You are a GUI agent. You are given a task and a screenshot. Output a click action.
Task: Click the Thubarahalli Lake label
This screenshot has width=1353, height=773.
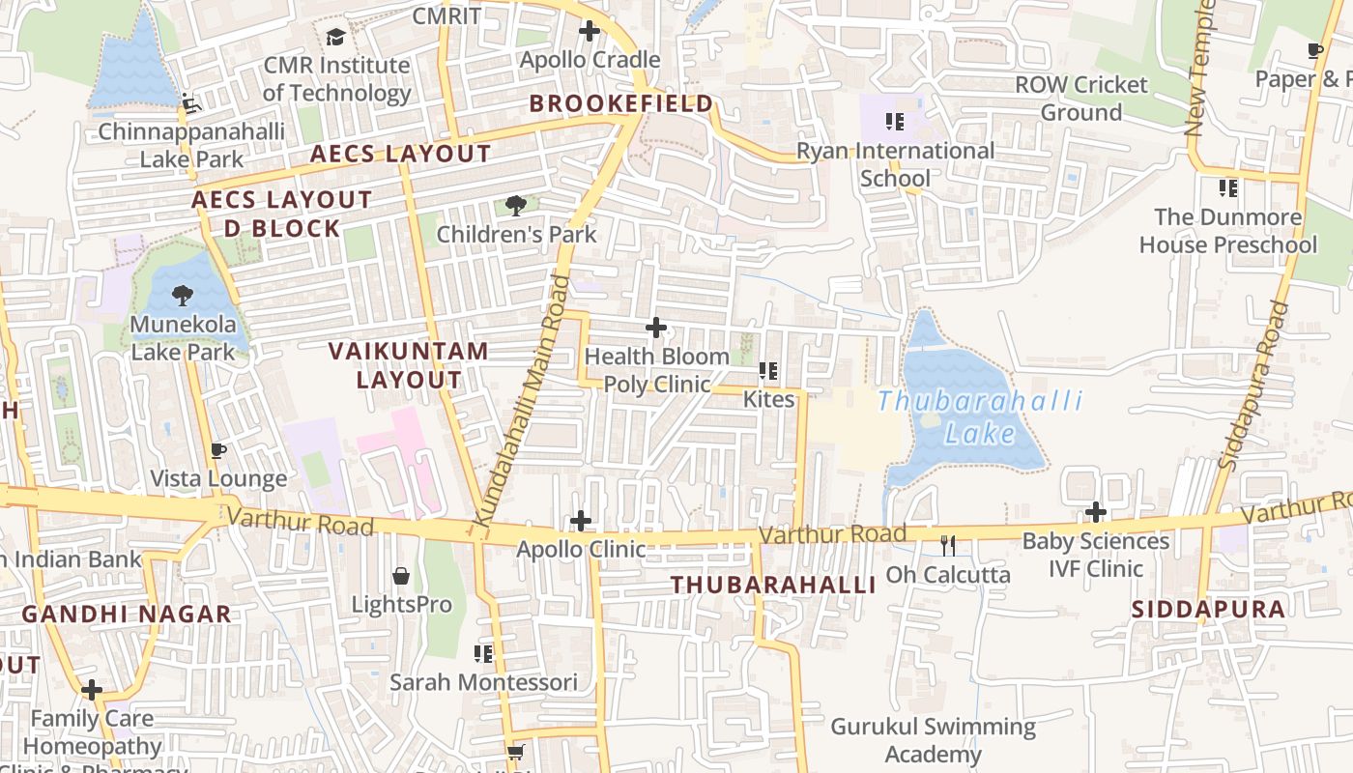click(x=980, y=416)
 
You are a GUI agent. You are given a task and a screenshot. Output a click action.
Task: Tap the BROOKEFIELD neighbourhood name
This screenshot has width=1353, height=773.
click(x=621, y=103)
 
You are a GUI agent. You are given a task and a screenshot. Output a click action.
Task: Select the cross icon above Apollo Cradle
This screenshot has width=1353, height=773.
click(x=590, y=31)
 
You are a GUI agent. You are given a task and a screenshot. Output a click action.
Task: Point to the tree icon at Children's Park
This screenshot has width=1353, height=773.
click(x=516, y=205)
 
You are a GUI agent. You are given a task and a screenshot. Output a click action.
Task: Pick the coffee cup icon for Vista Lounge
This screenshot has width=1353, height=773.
click(x=218, y=450)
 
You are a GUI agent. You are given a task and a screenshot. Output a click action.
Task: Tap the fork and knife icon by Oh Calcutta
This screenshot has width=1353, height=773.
click(x=948, y=546)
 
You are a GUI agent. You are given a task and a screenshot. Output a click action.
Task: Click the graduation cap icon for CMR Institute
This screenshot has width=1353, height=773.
click(x=335, y=37)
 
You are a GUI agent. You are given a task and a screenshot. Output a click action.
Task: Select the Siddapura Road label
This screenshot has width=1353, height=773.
click(x=1253, y=386)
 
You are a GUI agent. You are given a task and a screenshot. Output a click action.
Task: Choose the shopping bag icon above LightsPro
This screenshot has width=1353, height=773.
click(x=401, y=577)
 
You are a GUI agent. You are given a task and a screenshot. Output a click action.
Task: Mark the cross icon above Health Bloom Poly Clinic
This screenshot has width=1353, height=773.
click(x=656, y=328)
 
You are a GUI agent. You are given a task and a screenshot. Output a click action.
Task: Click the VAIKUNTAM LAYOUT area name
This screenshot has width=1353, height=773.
click(x=409, y=365)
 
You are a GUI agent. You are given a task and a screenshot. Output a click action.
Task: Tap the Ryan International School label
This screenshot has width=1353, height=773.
click(x=895, y=164)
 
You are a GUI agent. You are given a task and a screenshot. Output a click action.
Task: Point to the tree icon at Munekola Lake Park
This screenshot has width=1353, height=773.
click(x=182, y=296)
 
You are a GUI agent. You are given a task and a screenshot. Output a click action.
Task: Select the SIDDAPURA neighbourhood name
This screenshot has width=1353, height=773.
click(x=1208, y=610)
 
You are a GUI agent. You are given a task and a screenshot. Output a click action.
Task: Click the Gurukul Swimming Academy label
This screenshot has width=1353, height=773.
click(x=933, y=740)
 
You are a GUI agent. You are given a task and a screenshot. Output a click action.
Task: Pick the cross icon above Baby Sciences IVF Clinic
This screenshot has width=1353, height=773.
click(x=1095, y=512)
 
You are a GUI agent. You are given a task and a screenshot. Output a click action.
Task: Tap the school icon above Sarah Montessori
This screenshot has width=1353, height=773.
click(x=483, y=654)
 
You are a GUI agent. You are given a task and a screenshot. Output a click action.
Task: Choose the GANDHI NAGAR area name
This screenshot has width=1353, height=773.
click(x=127, y=614)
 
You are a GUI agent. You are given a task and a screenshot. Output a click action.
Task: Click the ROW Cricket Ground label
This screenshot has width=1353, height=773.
click(x=1080, y=99)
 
